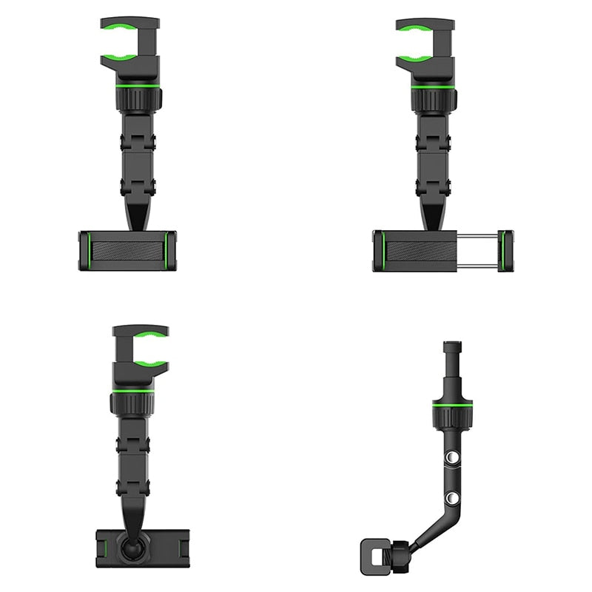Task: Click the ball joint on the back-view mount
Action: click(x=133, y=548)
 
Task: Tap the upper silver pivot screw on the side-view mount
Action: click(x=448, y=460)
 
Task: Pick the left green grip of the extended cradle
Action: click(x=379, y=250)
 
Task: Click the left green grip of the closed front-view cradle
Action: click(x=85, y=249)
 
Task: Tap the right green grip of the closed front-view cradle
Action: click(x=171, y=249)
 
